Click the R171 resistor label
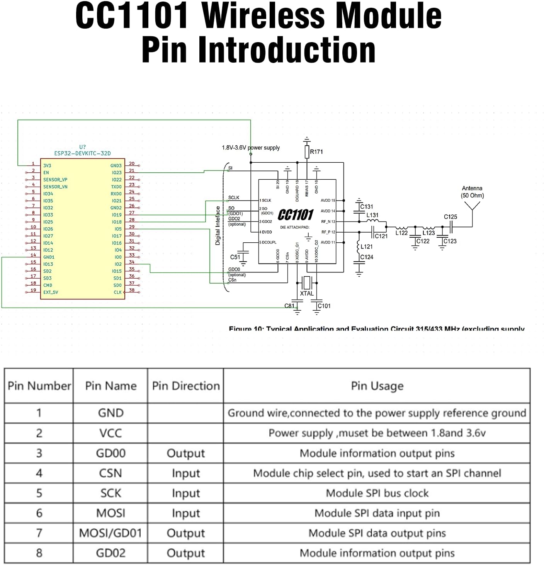316,152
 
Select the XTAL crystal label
307,293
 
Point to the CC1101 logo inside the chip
296,214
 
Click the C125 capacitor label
450,217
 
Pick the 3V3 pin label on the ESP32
47,166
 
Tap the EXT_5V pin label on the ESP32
51,292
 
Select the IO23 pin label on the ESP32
116,173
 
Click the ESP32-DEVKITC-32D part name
82,153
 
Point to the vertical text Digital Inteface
218,226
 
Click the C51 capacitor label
235,257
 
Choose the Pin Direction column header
185,386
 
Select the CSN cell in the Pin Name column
110,473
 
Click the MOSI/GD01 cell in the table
110,533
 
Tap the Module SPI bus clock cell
377,493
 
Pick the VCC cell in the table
110,433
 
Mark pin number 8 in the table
39,553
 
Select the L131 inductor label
372,215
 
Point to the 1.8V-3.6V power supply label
250,148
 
